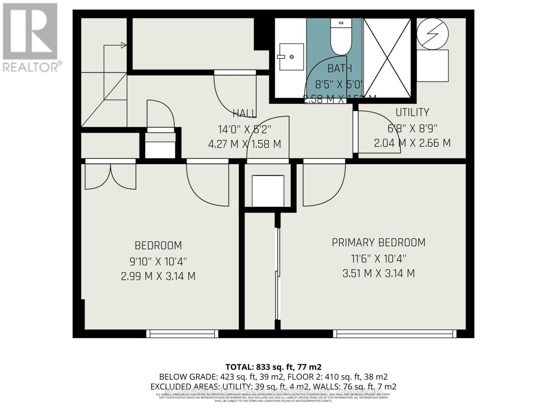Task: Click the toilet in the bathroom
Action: click(x=341, y=38)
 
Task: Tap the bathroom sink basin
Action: click(x=291, y=57)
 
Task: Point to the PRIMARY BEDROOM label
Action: click(x=378, y=243)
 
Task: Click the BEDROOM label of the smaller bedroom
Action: click(x=158, y=246)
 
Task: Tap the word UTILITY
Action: click(x=412, y=112)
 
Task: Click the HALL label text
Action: click(x=244, y=113)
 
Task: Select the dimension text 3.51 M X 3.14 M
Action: click(x=378, y=273)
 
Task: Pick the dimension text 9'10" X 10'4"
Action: click(x=158, y=262)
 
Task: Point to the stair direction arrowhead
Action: click(x=124, y=45)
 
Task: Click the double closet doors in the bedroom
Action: click(x=110, y=176)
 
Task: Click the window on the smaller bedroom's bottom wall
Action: click(x=182, y=333)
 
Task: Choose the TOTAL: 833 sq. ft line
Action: click(x=273, y=367)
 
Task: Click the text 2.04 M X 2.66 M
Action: click(x=412, y=143)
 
